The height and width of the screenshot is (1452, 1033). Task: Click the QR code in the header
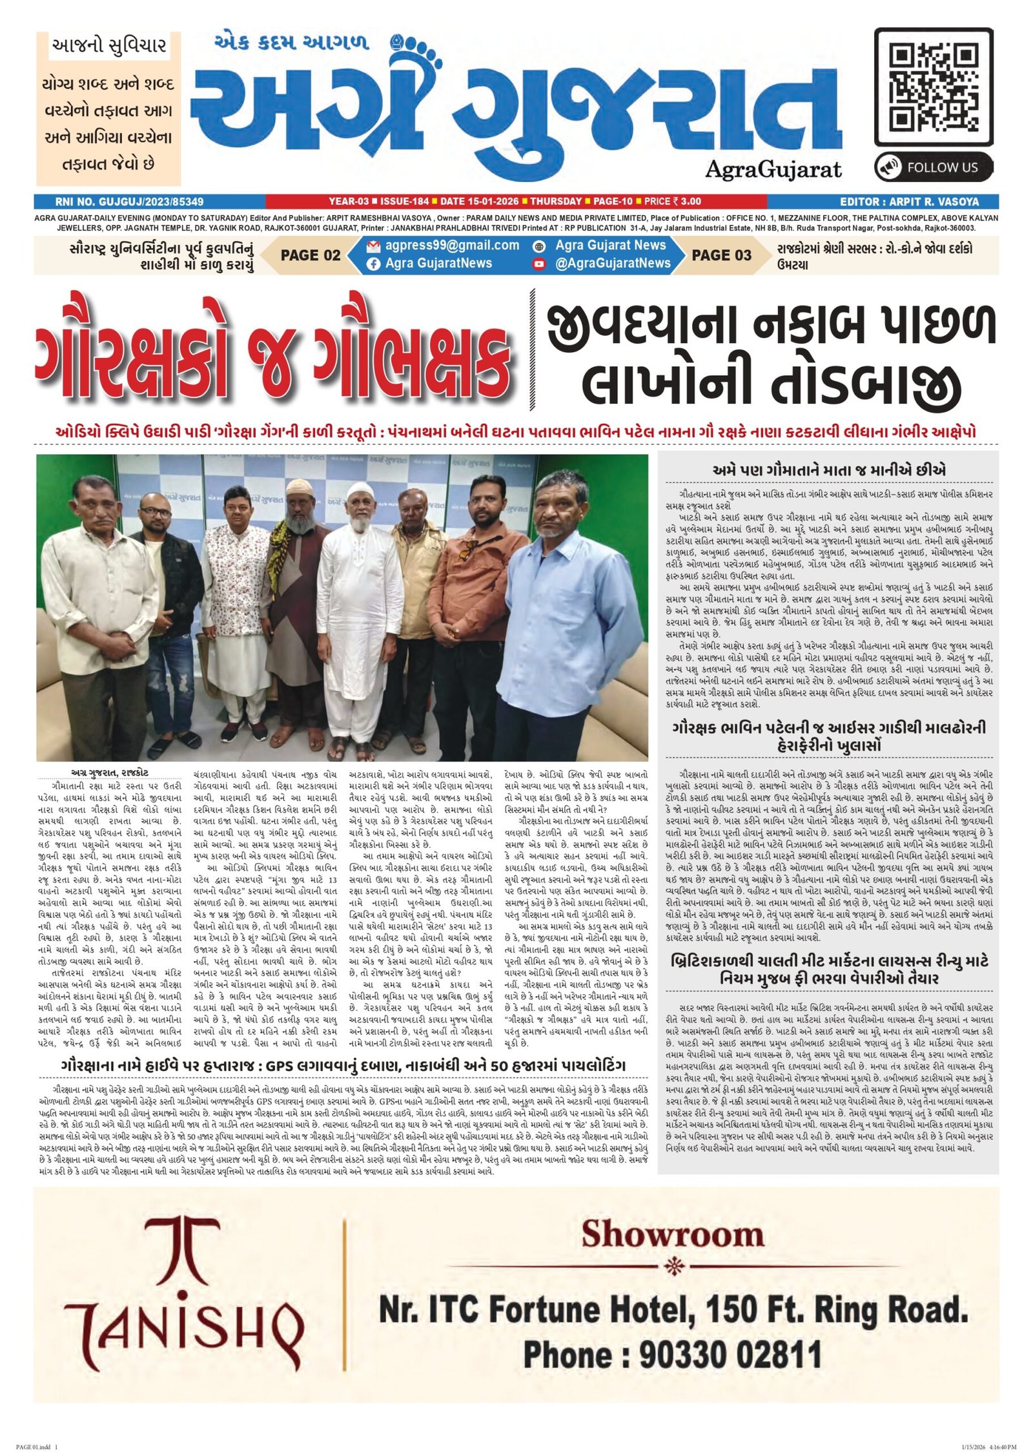pyautogui.click(x=933, y=87)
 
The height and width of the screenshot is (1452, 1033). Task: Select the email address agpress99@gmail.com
pyautogui.click(x=452, y=245)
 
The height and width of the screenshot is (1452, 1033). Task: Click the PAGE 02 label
pyautogui.click(x=310, y=255)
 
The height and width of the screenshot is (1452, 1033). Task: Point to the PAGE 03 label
pyautogui.click(x=721, y=255)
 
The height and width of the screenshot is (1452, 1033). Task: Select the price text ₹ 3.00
pyautogui.click(x=686, y=202)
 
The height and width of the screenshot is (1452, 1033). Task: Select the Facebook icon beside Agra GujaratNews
pyautogui.click(x=373, y=264)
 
